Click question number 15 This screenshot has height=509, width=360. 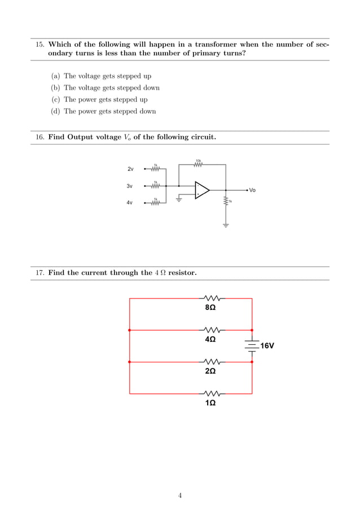pyautogui.click(x=40, y=44)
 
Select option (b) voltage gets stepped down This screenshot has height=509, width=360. pyautogui.click(x=111, y=87)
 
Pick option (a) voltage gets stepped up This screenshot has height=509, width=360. pyautogui.click(x=107, y=76)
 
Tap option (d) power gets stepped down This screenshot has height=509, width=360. pyautogui.click(x=109, y=111)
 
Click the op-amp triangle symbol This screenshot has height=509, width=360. pyautogui.click(x=201, y=190)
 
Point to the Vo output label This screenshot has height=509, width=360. pyautogui.click(x=252, y=190)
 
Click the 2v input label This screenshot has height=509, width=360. pyautogui.click(x=130, y=169)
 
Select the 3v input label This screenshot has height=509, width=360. pyautogui.click(x=130, y=186)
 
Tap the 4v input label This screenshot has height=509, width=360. pyautogui.click(x=130, y=203)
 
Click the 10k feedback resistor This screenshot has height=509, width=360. pyautogui.click(x=198, y=164)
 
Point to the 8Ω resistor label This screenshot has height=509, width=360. pyautogui.click(x=210, y=308)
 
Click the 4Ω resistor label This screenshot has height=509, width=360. pyautogui.click(x=210, y=340)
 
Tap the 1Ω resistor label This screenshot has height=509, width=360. pyautogui.click(x=210, y=403)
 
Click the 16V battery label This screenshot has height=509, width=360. pyautogui.click(x=267, y=345)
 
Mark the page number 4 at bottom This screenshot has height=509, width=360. pyautogui.click(x=180, y=496)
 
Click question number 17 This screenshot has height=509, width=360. pyautogui.click(x=40, y=273)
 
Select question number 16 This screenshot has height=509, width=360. pyautogui.click(x=40, y=137)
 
